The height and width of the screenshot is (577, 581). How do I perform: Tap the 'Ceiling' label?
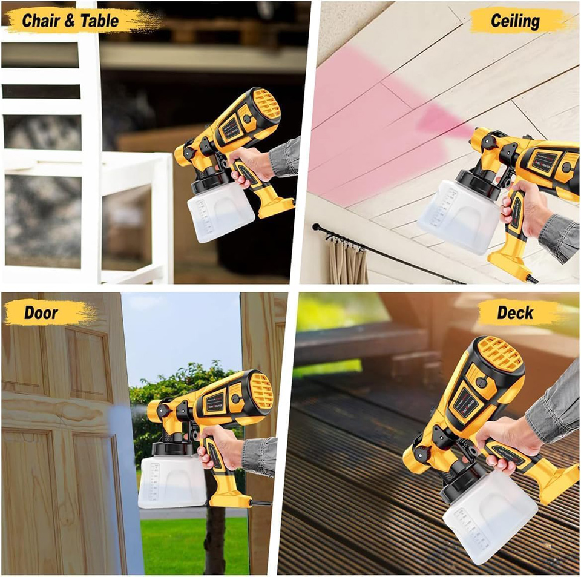[515, 21]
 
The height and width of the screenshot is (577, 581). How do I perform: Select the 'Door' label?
[41, 313]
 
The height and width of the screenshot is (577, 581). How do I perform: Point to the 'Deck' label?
[515, 313]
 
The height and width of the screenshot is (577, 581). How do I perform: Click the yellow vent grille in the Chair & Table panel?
[266, 104]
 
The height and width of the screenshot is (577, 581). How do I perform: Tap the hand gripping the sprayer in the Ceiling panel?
[520, 206]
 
